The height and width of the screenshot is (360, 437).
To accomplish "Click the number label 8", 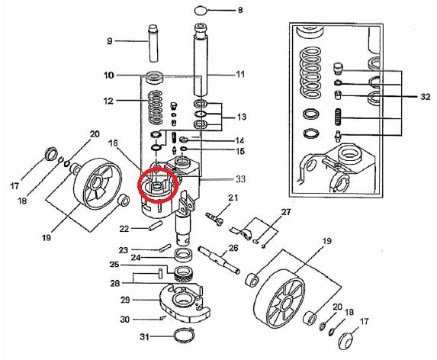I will [x=240, y=11].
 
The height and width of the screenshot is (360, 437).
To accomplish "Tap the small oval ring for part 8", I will [x=201, y=11].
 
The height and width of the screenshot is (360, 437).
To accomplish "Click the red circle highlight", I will [x=156, y=185].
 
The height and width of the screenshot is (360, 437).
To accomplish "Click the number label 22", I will [x=124, y=228].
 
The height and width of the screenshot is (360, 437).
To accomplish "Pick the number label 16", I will [x=113, y=143].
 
